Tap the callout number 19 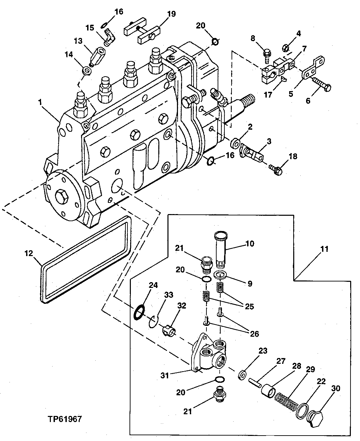[x=171, y=14]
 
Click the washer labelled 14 [x=87, y=71]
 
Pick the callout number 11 [x=324, y=249]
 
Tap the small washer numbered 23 [x=242, y=375]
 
